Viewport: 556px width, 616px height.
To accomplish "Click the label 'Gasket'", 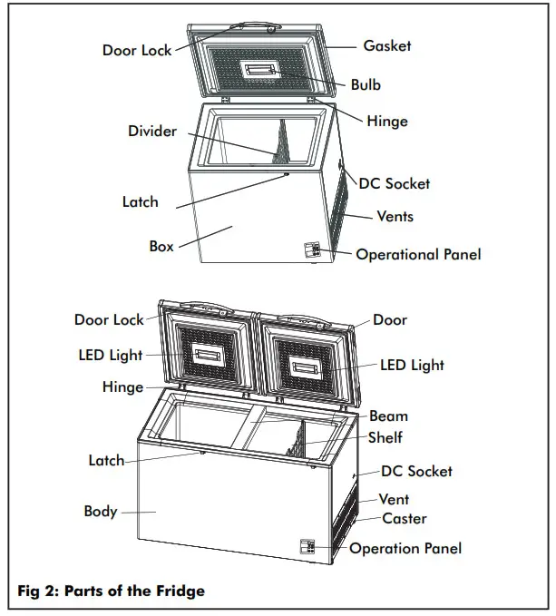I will (386, 45).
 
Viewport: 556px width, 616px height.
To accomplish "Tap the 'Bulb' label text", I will (366, 84).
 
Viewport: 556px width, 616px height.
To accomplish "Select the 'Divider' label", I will (151, 132).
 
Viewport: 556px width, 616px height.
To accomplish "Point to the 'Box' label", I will (161, 246).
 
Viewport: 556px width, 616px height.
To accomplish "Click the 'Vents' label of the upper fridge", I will (395, 216).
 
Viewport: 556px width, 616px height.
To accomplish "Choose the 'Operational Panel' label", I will (418, 254).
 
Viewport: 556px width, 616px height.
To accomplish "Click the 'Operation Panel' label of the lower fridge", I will (405, 548).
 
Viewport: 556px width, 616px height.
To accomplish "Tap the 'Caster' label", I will (404, 519).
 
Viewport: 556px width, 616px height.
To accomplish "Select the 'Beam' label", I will (388, 416).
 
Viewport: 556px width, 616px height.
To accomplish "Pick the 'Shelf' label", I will (385, 437).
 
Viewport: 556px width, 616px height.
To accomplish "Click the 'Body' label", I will (100, 512).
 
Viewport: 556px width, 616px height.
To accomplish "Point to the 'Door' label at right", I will (390, 320).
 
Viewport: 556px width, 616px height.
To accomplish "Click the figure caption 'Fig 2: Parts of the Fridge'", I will (112, 592).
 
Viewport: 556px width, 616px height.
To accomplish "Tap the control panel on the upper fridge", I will (311, 249).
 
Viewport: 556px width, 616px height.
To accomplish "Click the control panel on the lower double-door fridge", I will (307, 546).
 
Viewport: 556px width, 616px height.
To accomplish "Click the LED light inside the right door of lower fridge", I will (307, 367).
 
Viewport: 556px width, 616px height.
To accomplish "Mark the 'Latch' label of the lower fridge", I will (106, 461).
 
